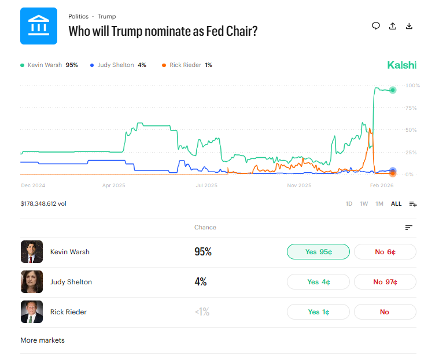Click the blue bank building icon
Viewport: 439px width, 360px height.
tap(39, 26)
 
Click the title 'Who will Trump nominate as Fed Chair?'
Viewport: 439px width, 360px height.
tap(163, 31)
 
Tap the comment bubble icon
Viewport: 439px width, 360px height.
tap(376, 26)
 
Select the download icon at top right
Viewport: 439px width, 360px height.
tap(409, 26)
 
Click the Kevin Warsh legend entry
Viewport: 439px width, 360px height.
tap(49, 65)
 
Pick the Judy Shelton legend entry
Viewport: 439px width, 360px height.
tap(119, 65)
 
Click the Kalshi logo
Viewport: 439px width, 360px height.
tap(401, 65)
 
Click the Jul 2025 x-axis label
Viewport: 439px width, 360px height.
tap(206, 185)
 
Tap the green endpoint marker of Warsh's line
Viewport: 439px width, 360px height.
tap(393, 90)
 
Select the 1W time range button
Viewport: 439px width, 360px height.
tap(364, 204)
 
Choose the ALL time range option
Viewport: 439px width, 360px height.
tap(396, 204)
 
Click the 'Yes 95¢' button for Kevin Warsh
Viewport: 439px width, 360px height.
tap(318, 252)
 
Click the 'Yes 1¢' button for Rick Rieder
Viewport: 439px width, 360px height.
tap(318, 312)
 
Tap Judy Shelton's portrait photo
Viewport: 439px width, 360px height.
tap(32, 282)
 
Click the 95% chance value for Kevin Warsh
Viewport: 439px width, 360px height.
tap(203, 252)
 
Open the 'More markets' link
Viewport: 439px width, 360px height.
tap(43, 340)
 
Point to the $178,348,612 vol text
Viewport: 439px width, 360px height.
tap(43, 204)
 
